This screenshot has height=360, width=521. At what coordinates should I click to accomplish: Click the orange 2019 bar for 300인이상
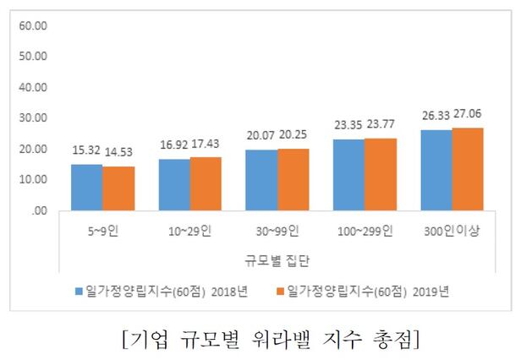[467, 169]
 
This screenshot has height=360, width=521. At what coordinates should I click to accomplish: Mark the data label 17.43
[206, 145]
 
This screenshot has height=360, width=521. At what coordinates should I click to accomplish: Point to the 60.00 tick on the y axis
[32, 26]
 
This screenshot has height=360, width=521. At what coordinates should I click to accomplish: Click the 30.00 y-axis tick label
[32, 118]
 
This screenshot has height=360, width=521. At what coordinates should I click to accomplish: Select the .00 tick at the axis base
[38, 211]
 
